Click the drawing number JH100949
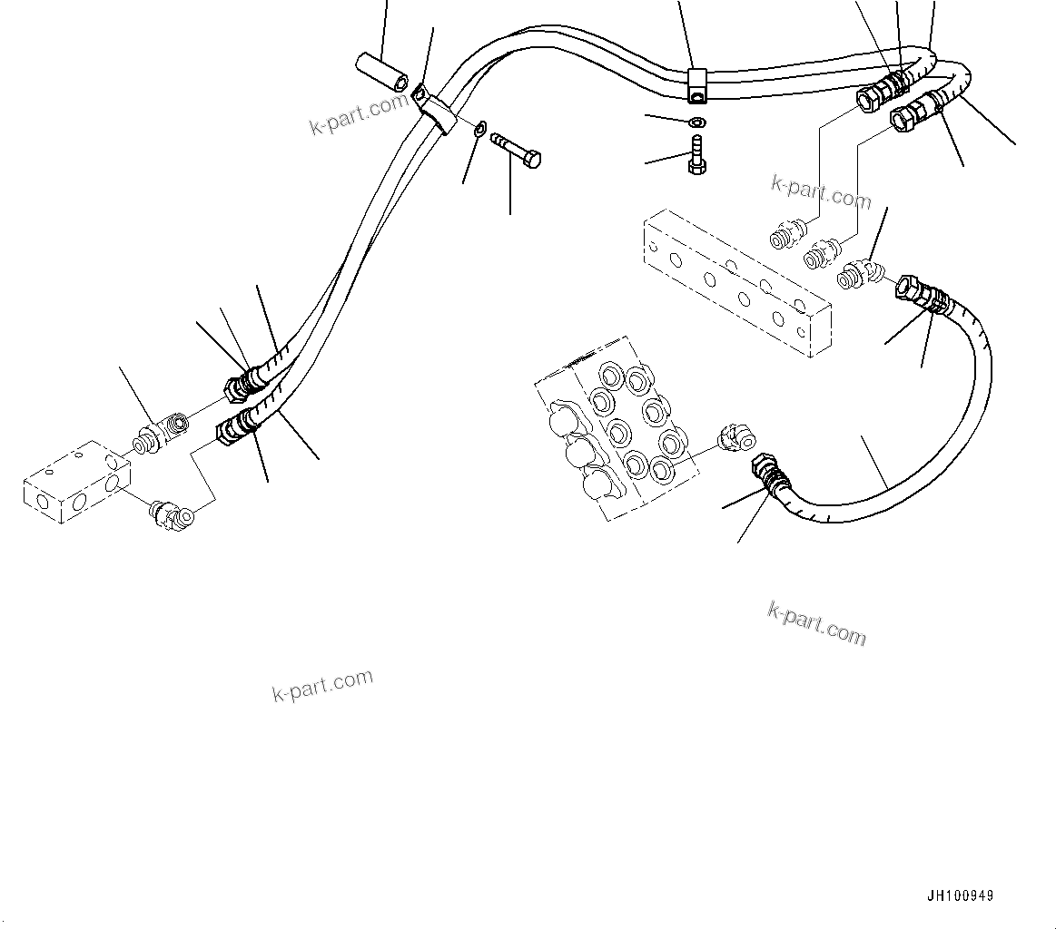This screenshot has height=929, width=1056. [x=960, y=895]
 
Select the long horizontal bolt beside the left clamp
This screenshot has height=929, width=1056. [x=515, y=151]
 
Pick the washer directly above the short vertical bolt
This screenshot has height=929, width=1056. [x=696, y=122]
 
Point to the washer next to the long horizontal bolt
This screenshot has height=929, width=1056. [x=480, y=127]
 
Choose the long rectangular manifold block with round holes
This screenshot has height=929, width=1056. [x=735, y=284]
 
